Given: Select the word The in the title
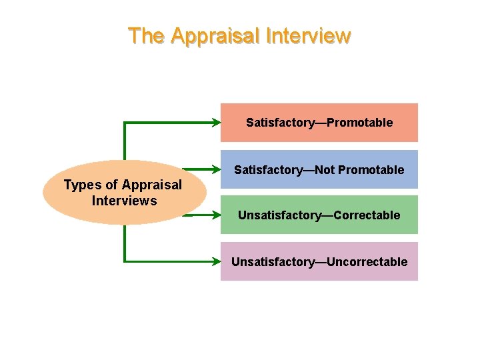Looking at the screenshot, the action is point(146,36).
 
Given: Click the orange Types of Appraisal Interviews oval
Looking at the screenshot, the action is point(123,193).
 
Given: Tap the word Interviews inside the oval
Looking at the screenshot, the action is point(124,201).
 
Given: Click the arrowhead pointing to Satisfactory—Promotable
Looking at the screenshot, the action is point(217,123).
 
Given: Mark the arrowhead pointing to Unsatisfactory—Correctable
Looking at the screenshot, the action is point(217,215).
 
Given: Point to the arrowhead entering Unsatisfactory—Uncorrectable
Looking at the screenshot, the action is point(217,261).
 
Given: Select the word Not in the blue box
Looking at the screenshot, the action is point(325,170).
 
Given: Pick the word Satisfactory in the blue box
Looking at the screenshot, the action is point(267,170).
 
